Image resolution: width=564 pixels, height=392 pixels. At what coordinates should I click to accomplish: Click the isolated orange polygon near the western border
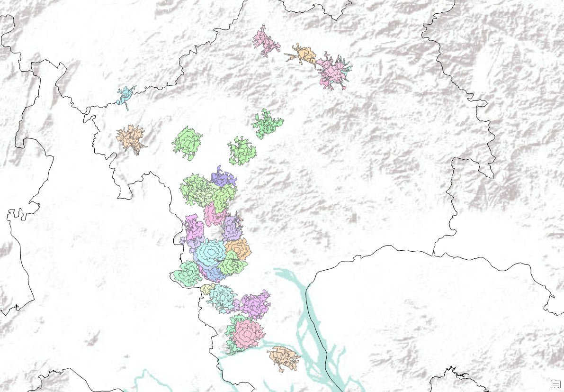(130, 138)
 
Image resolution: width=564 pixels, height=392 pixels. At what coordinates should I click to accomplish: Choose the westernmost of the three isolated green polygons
(188, 142)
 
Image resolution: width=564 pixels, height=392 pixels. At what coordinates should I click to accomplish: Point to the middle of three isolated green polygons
(242, 151)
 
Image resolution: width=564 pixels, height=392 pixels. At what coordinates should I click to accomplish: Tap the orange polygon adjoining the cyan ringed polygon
(238, 247)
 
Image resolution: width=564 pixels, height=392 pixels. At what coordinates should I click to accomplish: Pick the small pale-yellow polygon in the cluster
(206, 288)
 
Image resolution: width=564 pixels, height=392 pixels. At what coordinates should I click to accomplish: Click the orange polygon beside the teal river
(283, 358)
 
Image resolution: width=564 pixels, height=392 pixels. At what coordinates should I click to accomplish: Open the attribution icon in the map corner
(555, 384)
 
